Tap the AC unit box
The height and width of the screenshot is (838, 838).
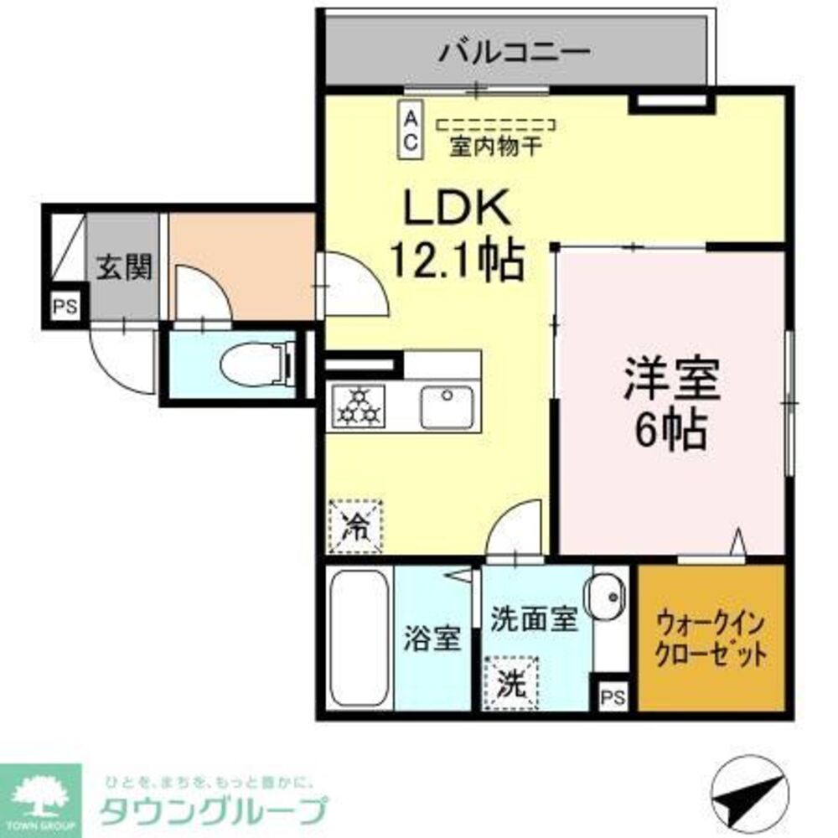tap(411, 130)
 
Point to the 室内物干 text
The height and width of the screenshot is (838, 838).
tap(495, 147)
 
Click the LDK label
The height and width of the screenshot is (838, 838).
tap(458, 209)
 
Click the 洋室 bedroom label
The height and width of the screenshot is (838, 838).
tap(670, 380)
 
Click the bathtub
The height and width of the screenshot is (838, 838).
tap(358, 638)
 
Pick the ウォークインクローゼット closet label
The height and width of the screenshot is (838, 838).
tap(711, 639)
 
